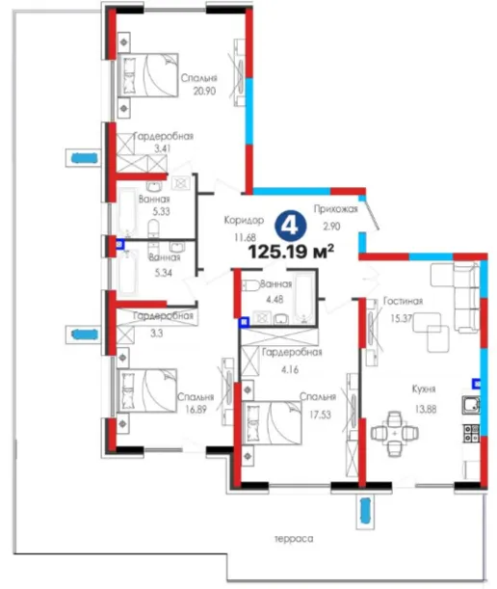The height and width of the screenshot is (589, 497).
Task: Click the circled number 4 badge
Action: pyautogui.click(x=291, y=227)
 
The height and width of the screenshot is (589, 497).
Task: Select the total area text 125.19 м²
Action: pyautogui.click(x=291, y=252)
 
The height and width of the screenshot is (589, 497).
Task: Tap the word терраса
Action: pyautogui.click(x=294, y=539)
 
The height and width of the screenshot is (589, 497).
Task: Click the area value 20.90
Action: pyautogui.click(x=204, y=91)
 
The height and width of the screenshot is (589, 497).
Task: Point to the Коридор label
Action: pyautogui.click(x=244, y=220)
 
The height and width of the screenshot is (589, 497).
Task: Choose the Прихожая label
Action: pyautogui.click(x=335, y=209)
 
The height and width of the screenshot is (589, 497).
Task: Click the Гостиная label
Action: pyautogui.click(x=403, y=301)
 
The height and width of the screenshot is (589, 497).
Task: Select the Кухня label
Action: pyautogui.click(x=424, y=388)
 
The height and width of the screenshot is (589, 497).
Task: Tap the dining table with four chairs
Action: pyautogui.click(x=395, y=434)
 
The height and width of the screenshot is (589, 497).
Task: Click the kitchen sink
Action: pyautogui.click(x=471, y=405)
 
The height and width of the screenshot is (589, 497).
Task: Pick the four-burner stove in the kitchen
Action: pyautogui.click(x=471, y=434)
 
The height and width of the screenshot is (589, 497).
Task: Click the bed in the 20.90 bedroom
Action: pyautogui.click(x=147, y=75)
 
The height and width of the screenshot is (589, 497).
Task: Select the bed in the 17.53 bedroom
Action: pyautogui.click(x=273, y=423)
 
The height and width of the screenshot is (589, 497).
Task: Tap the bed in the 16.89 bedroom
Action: pyautogui.click(x=146, y=390)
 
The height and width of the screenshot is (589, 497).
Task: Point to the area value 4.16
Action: pyautogui.click(x=290, y=369)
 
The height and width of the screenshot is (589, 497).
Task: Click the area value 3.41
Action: pyautogui.click(x=162, y=148)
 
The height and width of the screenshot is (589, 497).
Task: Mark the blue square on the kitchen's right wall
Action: pyautogui.click(x=477, y=384)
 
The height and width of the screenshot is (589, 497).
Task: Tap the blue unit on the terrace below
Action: pyautogui.click(x=365, y=510)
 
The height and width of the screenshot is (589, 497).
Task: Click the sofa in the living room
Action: pyautogui.click(x=466, y=297)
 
